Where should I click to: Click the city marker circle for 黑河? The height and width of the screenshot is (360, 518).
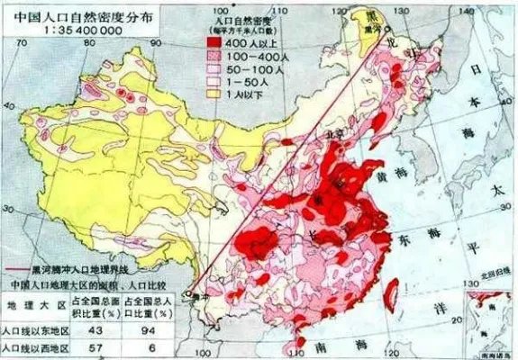[370, 27]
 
